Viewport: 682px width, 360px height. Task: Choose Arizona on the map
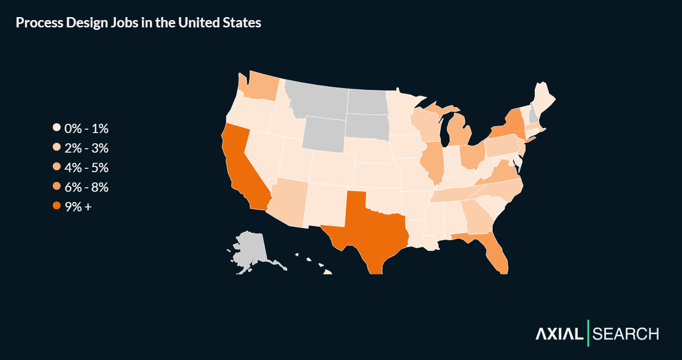289,203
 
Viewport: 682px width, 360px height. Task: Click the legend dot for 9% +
57,206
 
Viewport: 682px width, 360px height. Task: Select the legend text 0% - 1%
86,129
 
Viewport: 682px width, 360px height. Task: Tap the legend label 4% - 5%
86,168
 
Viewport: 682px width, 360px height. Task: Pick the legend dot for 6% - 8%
57,187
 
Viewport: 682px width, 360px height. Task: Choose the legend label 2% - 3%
86,148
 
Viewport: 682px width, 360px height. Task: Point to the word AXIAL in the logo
559,334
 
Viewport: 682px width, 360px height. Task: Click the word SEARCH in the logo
625,334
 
